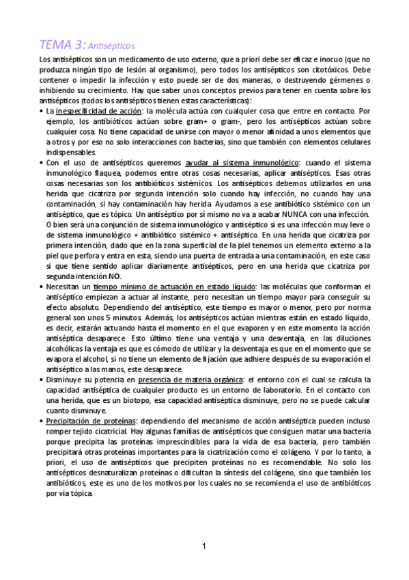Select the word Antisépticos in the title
coord(112,47)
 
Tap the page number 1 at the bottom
coord(203,545)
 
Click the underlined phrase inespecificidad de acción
coord(99,110)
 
